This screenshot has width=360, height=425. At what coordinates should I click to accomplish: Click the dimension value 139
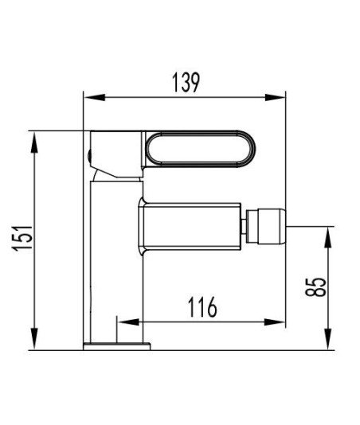(x=186, y=83)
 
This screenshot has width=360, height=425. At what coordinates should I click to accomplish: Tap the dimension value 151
(x=22, y=238)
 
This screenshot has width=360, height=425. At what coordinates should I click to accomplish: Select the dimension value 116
(x=202, y=307)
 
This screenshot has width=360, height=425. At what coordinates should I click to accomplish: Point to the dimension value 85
(x=315, y=287)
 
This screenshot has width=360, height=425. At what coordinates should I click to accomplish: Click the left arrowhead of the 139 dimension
(x=95, y=97)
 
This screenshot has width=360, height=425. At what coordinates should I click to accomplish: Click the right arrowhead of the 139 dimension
(x=275, y=97)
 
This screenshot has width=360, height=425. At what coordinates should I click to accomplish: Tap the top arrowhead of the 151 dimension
(x=34, y=142)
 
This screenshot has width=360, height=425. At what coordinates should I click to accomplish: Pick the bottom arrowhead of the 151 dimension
(x=34, y=338)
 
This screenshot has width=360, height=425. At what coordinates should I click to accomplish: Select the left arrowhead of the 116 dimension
(x=128, y=322)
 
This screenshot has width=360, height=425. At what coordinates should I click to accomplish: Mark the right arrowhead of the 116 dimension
(x=275, y=322)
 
